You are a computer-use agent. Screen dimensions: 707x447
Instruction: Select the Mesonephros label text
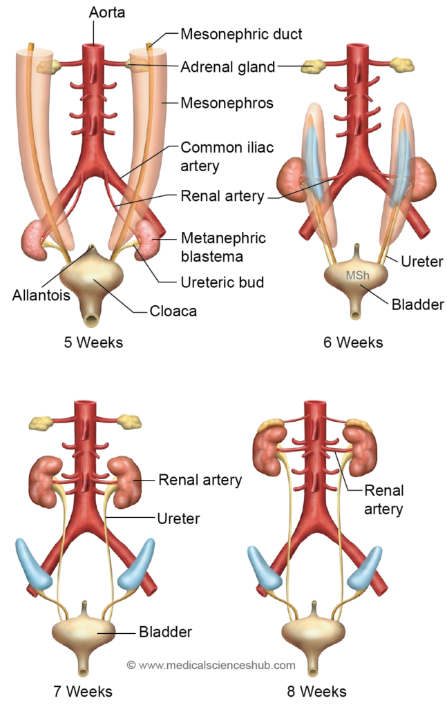pyautogui.click(x=227, y=104)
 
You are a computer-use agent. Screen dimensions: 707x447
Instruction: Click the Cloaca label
pyautogui.click(x=173, y=311)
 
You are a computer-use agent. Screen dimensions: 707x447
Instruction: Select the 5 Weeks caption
pyautogui.click(x=92, y=342)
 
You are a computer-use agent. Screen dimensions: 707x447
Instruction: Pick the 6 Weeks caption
pyautogui.click(x=353, y=342)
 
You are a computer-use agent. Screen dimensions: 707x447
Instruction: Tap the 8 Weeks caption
pyautogui.click(x=317, y=690)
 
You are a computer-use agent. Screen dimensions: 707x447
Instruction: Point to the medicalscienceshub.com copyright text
pyautogui.click(x=211, y=666)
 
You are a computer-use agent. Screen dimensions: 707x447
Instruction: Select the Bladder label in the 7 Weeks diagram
pyautogui.click(x=165, y=631)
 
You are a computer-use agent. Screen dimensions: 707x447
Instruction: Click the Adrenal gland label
pyautogui.click(x=227, y=68)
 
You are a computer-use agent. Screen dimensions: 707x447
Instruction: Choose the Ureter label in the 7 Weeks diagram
pyautogui.click(x=178, y=516)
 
